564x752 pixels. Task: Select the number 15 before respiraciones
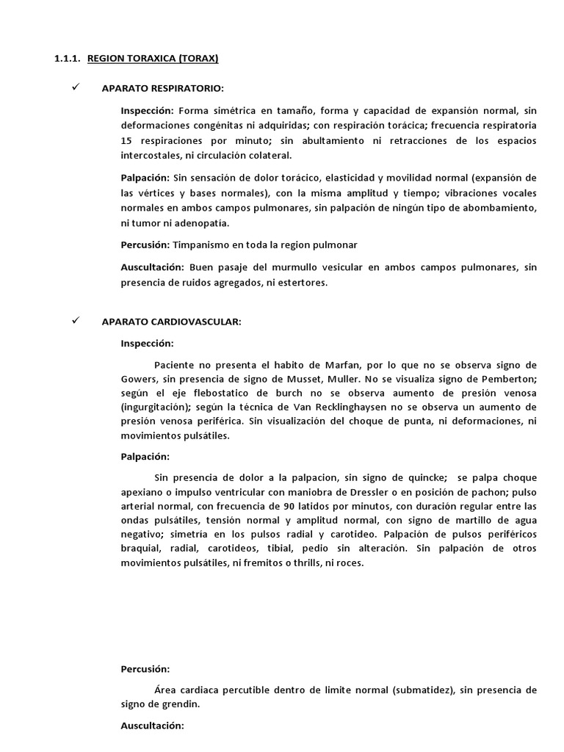pyautogui.click(x=127, y=140)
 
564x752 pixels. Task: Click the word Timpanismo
pyautogui.click(x=203, y=244)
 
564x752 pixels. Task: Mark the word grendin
pyautogui.click(x=180, y=704)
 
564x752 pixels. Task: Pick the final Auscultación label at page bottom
pyautogui.click(x=152, y=726)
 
